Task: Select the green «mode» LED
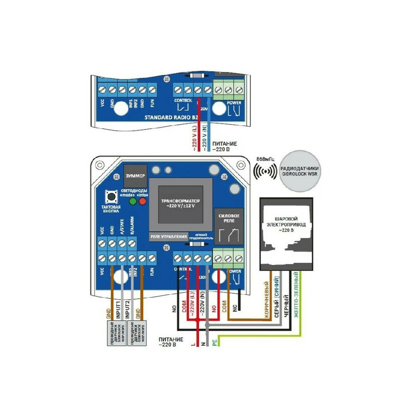click(x=133, y=202)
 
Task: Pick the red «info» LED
click(x=143, y=202)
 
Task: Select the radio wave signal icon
click(x=265, y=171)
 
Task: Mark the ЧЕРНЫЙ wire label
click(x=285, y=304)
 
